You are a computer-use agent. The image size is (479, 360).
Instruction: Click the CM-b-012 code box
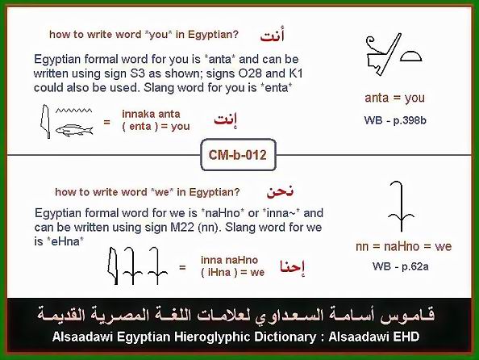238,155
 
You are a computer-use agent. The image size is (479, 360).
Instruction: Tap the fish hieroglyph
74,130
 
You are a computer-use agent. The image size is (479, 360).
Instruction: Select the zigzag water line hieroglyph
73,111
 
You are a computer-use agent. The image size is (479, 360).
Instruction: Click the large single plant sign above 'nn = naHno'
401,206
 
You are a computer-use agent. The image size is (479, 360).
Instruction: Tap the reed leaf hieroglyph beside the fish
45,121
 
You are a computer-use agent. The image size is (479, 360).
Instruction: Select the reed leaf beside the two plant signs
113,266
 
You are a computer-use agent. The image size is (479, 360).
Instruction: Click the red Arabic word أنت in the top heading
272,36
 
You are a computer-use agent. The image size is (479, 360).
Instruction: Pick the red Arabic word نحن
280,192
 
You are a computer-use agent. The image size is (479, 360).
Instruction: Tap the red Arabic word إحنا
293,267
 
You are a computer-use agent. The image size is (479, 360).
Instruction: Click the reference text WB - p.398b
395,120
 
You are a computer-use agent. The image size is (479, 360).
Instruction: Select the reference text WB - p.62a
400,266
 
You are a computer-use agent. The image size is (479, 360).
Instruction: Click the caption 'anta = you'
394,98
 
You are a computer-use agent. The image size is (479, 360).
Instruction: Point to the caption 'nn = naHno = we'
403,246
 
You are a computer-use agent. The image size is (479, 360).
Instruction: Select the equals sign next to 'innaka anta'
106,123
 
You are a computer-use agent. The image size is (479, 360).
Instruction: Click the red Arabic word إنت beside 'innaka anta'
226,120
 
